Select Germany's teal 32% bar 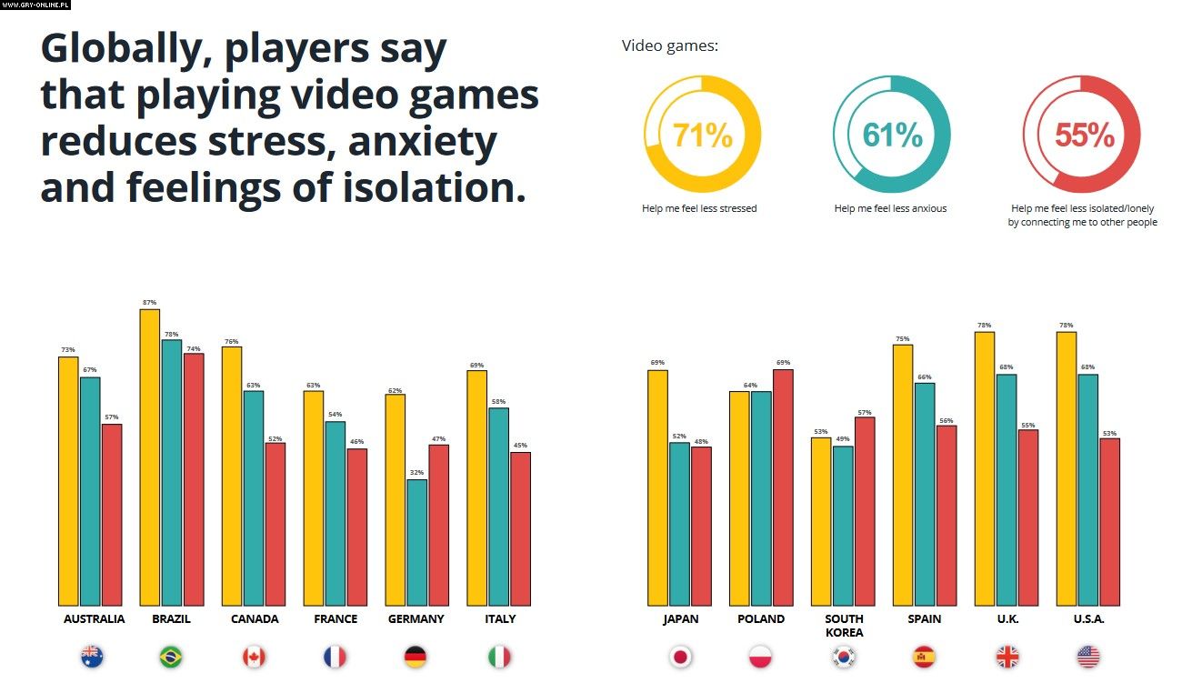(416, 542)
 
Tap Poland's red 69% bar (782, 487)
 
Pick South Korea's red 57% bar (864, 511)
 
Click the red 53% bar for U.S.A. (1109, 522)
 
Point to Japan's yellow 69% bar (657, 487)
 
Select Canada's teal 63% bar (253, 498)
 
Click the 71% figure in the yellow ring (702, 136)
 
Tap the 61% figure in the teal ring (892, 136)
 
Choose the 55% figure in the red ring (1084, 136)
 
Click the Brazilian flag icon (170, 657)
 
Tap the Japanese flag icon (680, 657)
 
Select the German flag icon (416, 657)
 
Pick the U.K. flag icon (1007, 657)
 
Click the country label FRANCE (335, 619)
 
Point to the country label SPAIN (924, 619)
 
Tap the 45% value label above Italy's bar (520, 446)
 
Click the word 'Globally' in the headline (119, 52)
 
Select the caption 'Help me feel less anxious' (890, 209)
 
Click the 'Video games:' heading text (670, 45)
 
